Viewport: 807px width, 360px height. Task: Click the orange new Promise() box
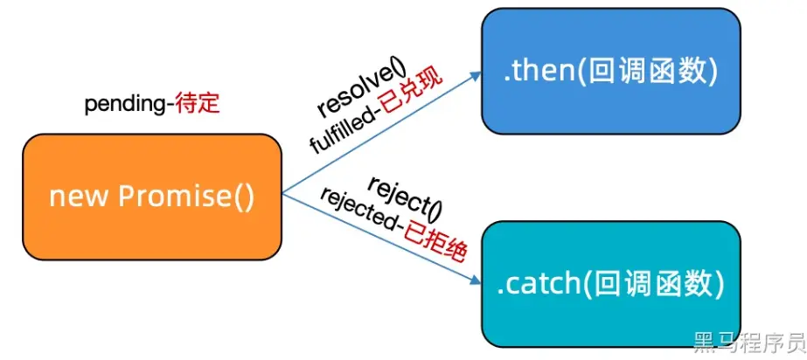coord(151,196)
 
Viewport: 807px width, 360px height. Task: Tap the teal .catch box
coord(610,283)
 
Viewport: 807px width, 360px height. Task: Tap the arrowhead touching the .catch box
coord(477,281)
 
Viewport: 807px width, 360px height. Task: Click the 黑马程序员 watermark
coord(748,342)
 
